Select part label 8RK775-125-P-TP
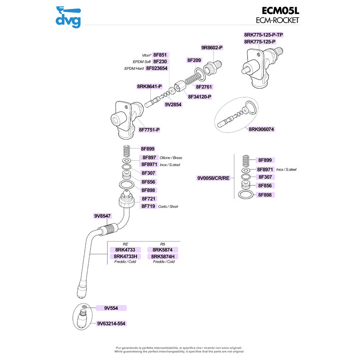coord(263,35)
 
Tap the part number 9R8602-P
coord(212,47)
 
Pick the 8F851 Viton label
coord(160,55)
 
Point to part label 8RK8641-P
coord(149,86)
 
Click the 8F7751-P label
coord(149,130)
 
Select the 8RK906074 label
coord(261,129)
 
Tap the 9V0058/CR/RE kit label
coord(213,178)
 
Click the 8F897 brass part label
coord(149,157)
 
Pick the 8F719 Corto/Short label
coord(148,206)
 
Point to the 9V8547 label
coord(103,216)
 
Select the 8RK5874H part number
coord(166,256)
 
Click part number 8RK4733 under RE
coord(125,250)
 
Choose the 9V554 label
coord(111,308)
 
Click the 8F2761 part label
coord(204,86)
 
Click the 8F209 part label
coord(194,59)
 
